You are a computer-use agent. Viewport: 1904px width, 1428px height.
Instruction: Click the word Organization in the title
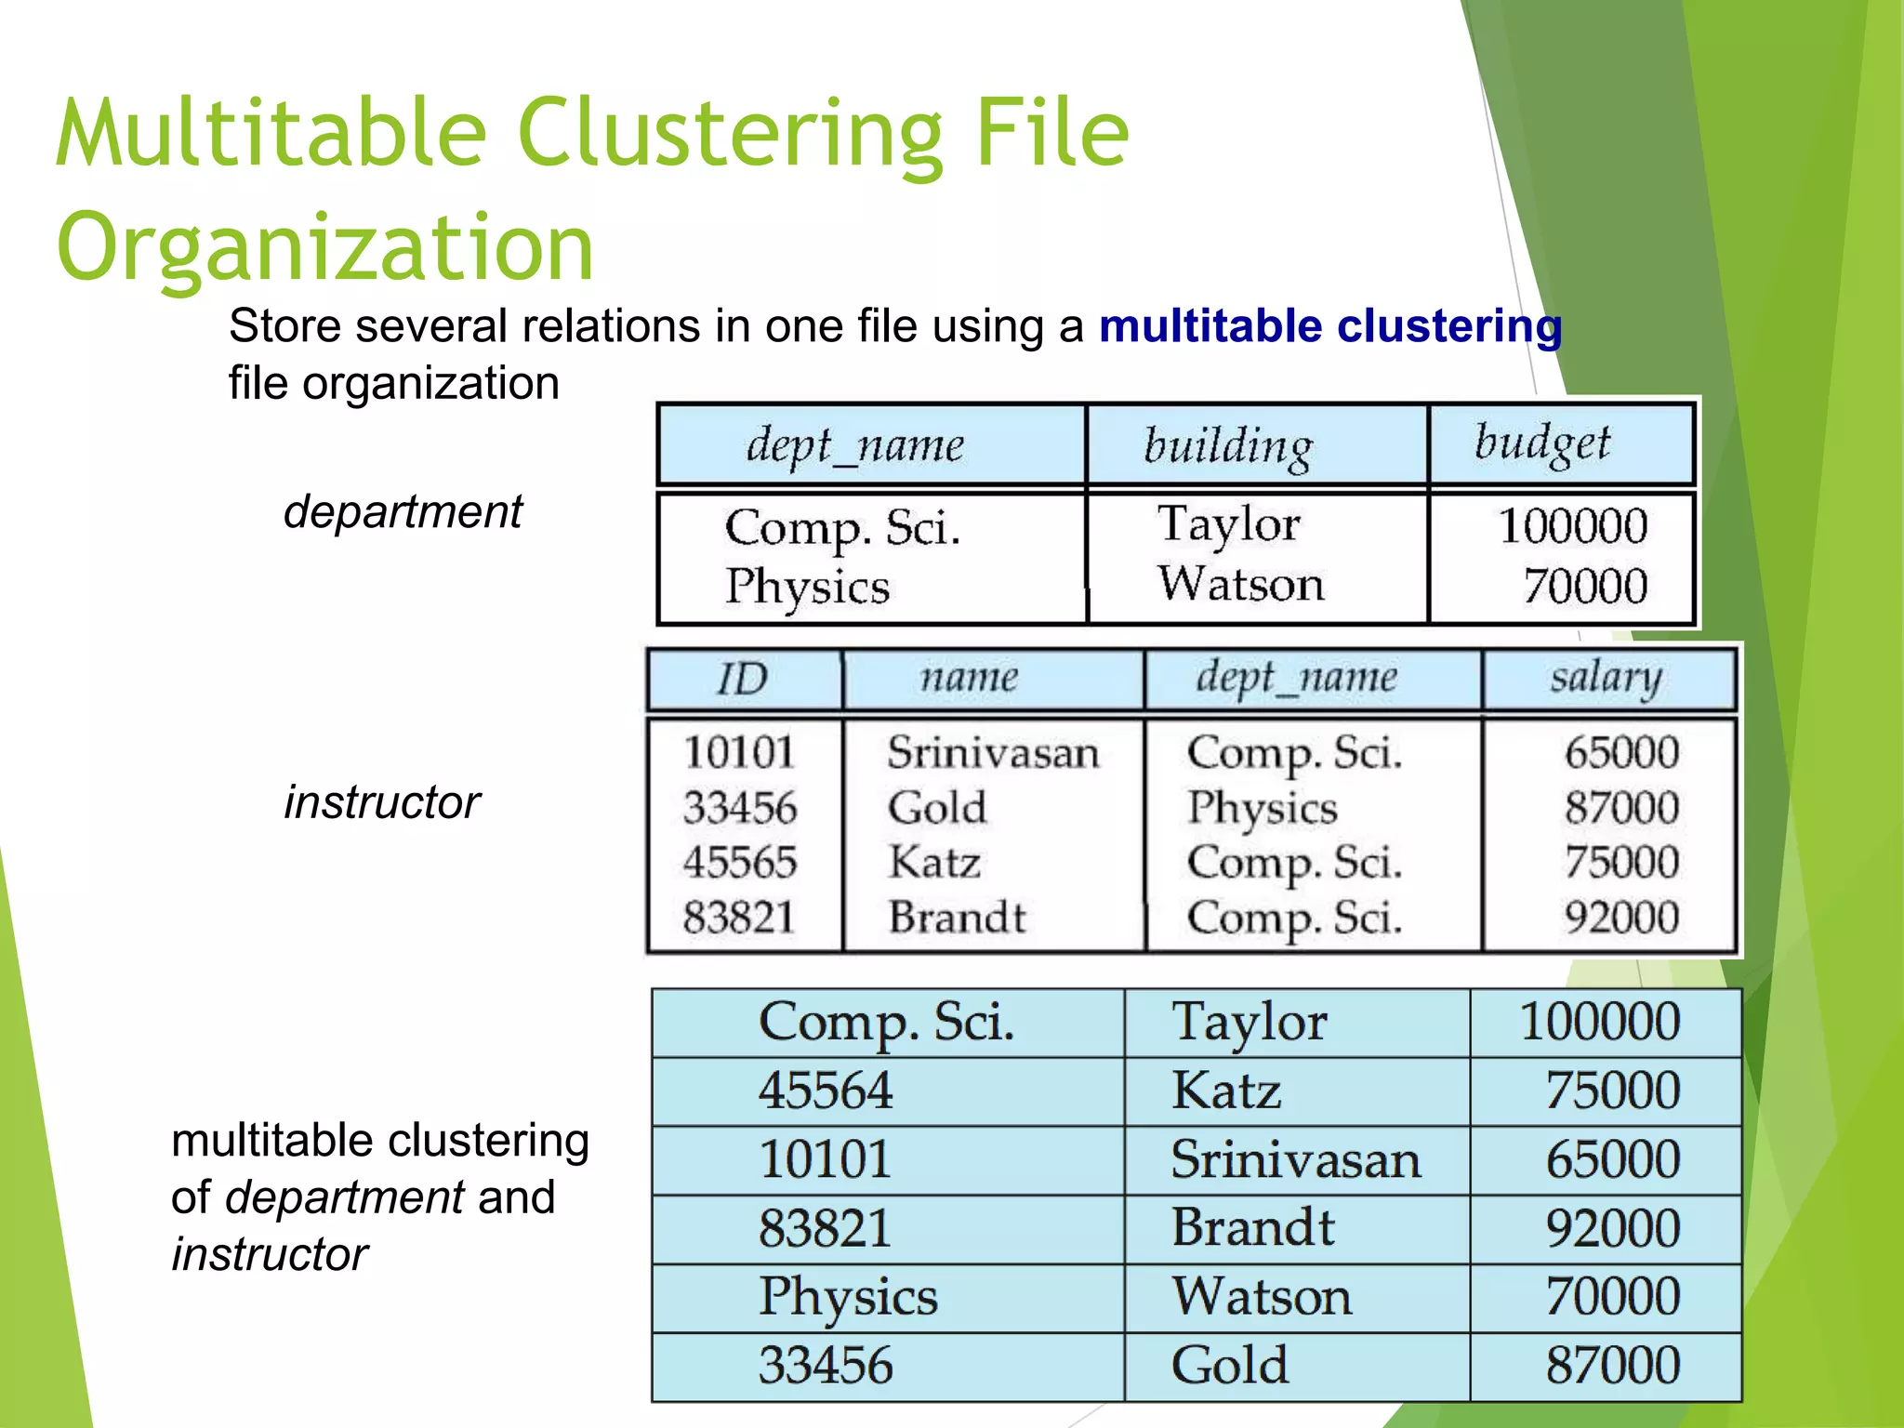click(x=324, y=246)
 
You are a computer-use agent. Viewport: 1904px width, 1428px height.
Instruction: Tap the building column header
click(x=1227, y=445)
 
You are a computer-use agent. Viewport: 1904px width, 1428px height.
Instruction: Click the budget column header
click(x=1542, y=443)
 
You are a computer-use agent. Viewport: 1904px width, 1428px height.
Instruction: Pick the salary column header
click(x=1605, y=678)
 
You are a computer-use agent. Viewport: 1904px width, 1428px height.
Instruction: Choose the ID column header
click(x=742, y=678)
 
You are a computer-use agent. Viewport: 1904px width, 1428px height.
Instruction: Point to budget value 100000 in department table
click(x=1572, y=525)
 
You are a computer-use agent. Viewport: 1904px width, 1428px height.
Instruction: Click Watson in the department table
click(x=1240, y=584)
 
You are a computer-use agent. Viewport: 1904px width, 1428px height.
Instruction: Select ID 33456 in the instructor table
click(x=740, y=807)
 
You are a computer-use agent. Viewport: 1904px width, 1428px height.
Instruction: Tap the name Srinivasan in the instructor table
click(x=992, y=752)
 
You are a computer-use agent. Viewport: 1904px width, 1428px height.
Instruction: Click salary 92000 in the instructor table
click(x=1621, y=918)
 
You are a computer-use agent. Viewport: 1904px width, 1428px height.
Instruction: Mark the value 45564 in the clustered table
click(x=826, y=1091)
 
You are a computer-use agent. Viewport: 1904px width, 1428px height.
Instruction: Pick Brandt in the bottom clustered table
click(x=1252, y=1227)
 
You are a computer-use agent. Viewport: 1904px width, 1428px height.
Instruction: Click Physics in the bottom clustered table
click(x=848, y=1297)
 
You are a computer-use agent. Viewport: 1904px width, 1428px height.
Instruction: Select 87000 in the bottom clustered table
click(x=1612, y=1366)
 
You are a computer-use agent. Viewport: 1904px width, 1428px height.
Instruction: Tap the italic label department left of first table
click(x=403, y=511)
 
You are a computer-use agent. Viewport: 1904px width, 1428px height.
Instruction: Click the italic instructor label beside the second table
click(x=381, y=801)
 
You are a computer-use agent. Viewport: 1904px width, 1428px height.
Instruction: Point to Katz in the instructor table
click(x=934, y=862)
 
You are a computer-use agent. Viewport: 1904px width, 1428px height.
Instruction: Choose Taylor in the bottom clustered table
click(x=1249, y=1022)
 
